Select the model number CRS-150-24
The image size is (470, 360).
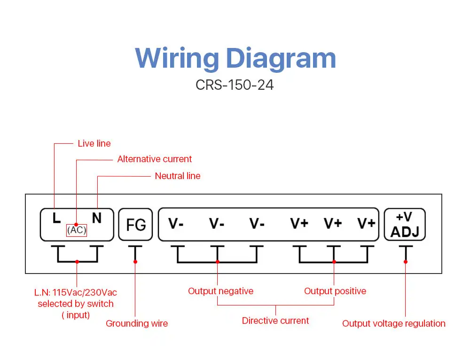click(235, 85)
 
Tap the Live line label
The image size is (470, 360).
click(94, 144)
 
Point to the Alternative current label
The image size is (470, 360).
click(154, 159)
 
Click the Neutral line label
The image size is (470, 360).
click(178, 176)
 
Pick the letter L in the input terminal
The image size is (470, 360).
click(56, 218)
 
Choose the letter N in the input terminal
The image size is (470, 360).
click(96, 218)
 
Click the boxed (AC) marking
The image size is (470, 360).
click(77, 230)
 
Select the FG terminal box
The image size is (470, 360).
click(135, 225)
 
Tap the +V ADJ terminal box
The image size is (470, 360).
click(405, 225)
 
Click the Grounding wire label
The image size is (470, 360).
click(137, 323)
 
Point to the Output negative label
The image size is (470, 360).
click(220, 291)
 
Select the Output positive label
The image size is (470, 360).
click(335, 291)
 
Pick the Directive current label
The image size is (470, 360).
click(275, 321)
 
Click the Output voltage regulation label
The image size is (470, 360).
click(393, 323)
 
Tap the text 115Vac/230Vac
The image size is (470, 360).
click(85, 292)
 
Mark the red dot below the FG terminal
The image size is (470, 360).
click(135, 262)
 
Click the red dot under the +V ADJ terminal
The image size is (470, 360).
click(406, 262)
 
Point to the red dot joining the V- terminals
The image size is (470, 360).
click(217, 262)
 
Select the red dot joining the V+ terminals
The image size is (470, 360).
click(334, 262)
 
